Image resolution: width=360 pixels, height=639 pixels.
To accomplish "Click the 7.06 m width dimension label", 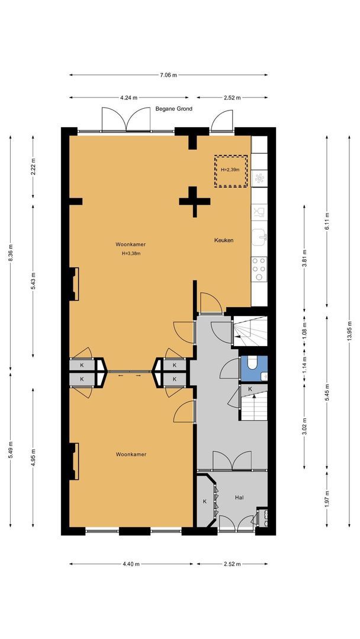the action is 168,75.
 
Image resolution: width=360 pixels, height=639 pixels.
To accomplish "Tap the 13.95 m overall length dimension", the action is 349,331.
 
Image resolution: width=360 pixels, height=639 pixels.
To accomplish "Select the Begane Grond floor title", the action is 173,109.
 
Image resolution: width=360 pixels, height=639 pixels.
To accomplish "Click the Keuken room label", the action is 224,240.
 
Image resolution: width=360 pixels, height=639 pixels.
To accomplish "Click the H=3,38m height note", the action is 131,253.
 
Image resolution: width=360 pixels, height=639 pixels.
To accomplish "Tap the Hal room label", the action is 239,498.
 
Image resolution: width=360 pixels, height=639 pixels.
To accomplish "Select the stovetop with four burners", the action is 259,269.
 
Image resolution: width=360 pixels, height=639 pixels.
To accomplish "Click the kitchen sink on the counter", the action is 259,237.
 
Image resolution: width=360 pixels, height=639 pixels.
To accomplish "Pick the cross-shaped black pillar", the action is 194,201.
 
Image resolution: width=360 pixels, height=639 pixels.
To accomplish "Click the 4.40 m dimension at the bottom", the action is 131,564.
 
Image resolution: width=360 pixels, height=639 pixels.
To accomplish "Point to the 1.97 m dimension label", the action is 327,498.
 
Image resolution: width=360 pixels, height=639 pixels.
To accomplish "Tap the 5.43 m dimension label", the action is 33,280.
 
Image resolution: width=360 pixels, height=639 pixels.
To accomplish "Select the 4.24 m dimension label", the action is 128,98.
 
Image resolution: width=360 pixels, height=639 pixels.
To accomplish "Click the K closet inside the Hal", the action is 205,502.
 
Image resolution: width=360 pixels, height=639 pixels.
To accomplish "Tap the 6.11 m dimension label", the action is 327,221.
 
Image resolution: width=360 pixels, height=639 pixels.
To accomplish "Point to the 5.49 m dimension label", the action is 11,450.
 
